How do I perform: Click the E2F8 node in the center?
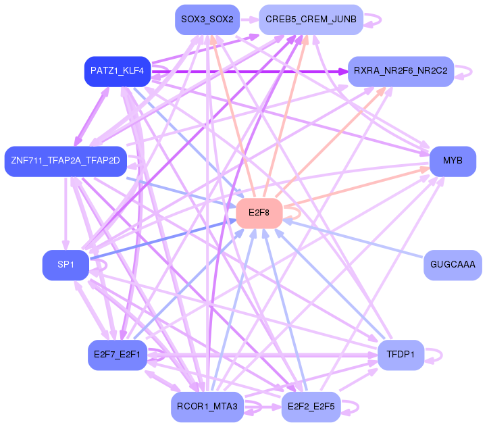[259, 213]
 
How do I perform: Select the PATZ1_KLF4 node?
[117, 71]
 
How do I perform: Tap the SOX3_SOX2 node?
[207, 20]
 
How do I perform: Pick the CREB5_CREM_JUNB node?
[311, 20]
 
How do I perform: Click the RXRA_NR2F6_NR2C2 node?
[400, 71]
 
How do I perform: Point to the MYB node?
[453, 161]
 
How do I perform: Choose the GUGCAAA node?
[452, 265]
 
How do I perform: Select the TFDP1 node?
[401, 355]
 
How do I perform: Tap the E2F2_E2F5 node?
[311, 407]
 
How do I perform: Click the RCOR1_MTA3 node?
[207, 407]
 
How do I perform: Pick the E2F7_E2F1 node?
[117, 355]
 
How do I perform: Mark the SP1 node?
[65, 265]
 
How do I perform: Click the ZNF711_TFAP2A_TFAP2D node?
[65, 161]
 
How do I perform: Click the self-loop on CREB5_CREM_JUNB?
[374, 20]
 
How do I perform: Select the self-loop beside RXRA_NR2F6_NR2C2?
[464, 71]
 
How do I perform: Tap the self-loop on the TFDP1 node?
[434, 355]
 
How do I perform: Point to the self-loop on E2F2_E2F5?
[351, 407]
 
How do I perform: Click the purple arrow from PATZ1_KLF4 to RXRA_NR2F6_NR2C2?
[250, 71]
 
